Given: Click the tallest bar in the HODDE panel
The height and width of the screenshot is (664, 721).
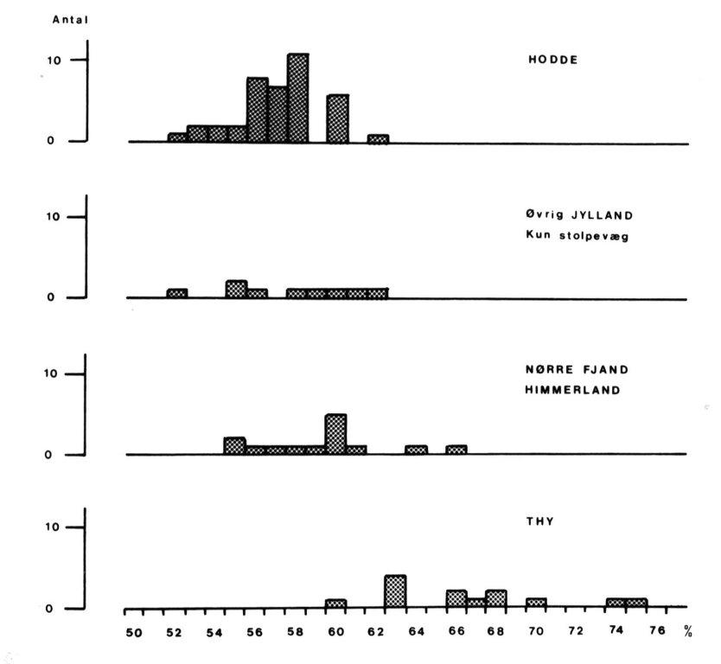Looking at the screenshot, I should click(297, 99).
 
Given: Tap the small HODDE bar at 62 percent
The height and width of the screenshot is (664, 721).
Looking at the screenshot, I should click(378, 138).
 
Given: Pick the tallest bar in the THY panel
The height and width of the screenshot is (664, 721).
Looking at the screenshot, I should click(395, 591).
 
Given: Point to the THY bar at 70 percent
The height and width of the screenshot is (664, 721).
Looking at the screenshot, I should click(536, 603).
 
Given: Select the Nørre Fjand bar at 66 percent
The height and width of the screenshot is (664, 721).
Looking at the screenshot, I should click(456, 450).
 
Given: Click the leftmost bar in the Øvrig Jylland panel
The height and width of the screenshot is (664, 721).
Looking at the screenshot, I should click(177, 293).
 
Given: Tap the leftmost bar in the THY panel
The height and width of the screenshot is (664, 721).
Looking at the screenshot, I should click(336, 603).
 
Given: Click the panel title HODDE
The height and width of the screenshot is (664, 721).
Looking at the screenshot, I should click(552, 61).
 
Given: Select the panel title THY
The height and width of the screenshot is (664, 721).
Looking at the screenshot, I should click(540, 521).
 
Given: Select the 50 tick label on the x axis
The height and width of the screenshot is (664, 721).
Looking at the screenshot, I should click(134, 632).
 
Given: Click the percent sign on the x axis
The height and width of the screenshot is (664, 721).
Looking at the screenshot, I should click(688, 633).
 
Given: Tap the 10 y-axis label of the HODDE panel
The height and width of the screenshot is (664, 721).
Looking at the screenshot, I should click(54, 61).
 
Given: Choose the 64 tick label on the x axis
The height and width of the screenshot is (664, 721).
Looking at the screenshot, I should click(416, 631).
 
